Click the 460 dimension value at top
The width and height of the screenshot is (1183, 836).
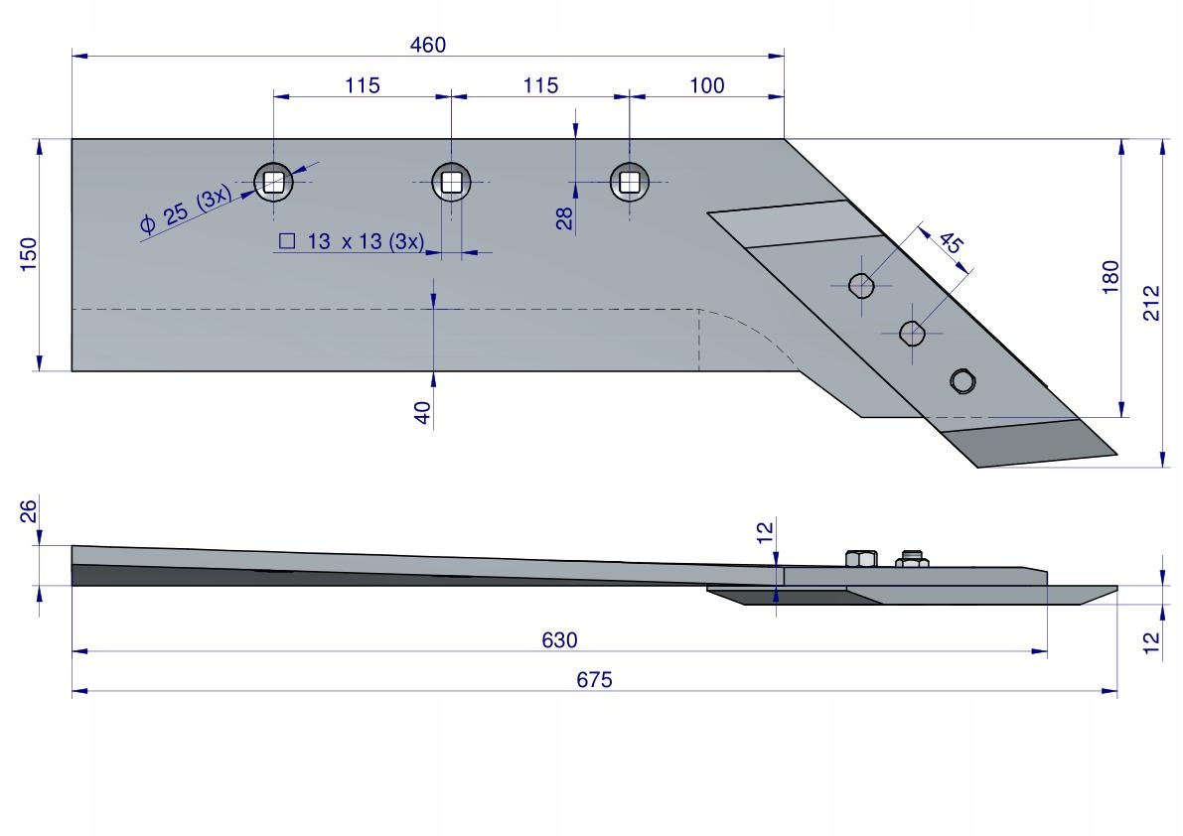[x=428, y=45]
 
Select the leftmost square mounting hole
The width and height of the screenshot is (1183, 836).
[x=274, y=182]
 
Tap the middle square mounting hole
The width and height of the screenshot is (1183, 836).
[x=451, y=182]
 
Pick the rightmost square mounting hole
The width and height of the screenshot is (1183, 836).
[x=629, y=182]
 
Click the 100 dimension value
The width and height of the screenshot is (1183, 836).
[x=706, y=85]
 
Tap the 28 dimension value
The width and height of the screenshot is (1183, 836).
[x=564, y=218]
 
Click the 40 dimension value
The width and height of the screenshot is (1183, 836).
[x=423, y=412]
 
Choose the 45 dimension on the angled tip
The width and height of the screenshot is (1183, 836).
[x=951, y=242]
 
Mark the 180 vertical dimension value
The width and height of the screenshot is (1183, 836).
[x=1109, y=276]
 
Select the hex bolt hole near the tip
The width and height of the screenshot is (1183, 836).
[x=962, y=381]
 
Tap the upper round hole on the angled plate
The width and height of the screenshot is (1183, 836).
[x=861, y=286]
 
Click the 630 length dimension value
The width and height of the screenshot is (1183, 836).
[x=559, y=640]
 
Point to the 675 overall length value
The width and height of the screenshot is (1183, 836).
[x=595, y=680]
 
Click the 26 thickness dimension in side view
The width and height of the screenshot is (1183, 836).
[x=29, y=511]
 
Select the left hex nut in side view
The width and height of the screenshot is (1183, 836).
[x=859, y=558]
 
